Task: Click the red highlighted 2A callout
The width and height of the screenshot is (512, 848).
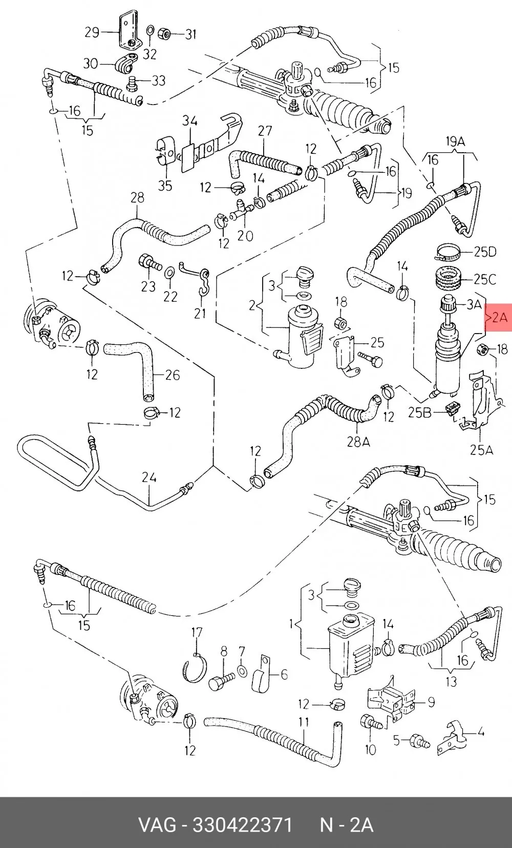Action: (x=499, y=318)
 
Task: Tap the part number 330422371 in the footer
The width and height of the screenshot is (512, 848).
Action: (x=243, y=825)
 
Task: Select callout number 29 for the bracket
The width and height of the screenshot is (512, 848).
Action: (x=92, y=32)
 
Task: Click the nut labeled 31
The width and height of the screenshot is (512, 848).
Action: (x=163, y=33)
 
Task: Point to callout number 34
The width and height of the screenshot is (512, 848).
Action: (x=190, y=121)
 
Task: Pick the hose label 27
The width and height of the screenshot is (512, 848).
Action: (x=265, y=131)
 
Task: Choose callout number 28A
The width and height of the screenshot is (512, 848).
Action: (x=358, y=442)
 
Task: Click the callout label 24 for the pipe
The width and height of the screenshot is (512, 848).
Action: (x=149, y=478)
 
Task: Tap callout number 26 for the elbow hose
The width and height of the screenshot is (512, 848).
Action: (x=173, y=375)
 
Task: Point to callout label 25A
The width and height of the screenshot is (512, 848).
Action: (x=481, y=450)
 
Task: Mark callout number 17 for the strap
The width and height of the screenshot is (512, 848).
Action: (x=197, y=632)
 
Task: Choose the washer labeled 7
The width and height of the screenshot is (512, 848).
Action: (x=242, y=671)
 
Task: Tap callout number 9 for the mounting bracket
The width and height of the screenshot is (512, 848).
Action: (x=431, y=702)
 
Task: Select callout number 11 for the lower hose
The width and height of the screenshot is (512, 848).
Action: (x=304, y=722)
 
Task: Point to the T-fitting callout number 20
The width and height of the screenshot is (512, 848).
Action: (x=245, y=236)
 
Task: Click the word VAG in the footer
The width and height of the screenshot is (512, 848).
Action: (x=157, y=825)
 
